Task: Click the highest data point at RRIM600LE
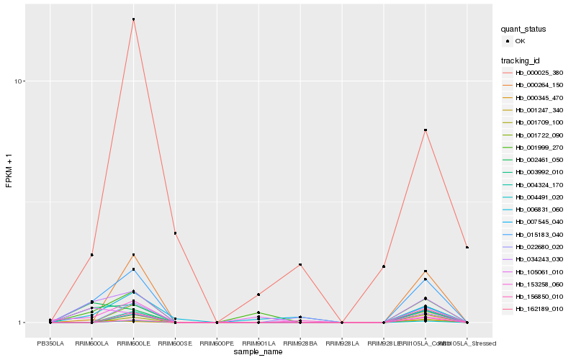[x=133, y=19]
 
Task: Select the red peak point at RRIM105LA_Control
[x=426, y=130]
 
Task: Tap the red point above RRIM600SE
[x=175, y=233]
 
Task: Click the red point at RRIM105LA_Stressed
[x=467, y=248]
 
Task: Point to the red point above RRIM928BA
[x=300, y=265]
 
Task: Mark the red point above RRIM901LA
[x=258, y=294]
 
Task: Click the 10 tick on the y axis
[x=19, y=81]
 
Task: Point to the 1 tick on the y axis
[x=22, y=323]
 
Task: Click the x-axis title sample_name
[x=258, y=352]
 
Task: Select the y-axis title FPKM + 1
[x=9, y=170]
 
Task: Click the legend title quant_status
[x=523, y=30]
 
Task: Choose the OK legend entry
[x=530, y=42]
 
